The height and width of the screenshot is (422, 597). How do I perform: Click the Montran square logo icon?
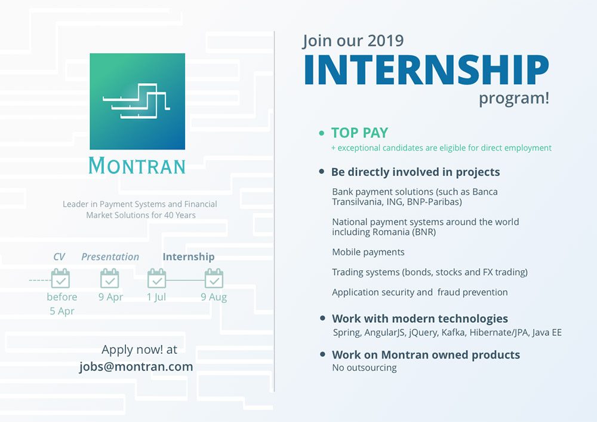coord(137,102)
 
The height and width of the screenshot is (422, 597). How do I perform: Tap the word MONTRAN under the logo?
coord(137,166)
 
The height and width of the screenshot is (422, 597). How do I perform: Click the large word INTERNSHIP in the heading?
coord(426,70)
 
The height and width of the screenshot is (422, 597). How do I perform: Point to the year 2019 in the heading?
coord(386,41)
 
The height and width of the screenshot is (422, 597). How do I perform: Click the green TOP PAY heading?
coord(359,133)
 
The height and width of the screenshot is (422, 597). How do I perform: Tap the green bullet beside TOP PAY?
coord(322,133)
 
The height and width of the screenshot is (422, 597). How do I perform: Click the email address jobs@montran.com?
coord(136,366)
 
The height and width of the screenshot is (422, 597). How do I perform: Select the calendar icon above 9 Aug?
coord(214,279)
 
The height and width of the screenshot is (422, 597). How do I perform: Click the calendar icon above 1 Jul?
coord(157,279)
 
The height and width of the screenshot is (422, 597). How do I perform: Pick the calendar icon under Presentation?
coord(110,279)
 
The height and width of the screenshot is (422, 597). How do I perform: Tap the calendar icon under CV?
coord(60,279)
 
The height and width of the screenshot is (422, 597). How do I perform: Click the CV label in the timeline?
coord(59,256)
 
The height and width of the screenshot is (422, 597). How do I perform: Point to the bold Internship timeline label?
coord(189,257)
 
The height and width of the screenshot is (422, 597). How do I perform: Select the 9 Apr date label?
coord(110,297)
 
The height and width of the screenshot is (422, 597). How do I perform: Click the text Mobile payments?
coord(368,252)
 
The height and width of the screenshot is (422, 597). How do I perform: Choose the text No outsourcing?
coord(364,368)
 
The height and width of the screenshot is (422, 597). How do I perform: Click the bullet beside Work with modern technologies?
coord(322,318)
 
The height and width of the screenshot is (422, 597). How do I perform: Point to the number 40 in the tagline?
coord(169,215)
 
